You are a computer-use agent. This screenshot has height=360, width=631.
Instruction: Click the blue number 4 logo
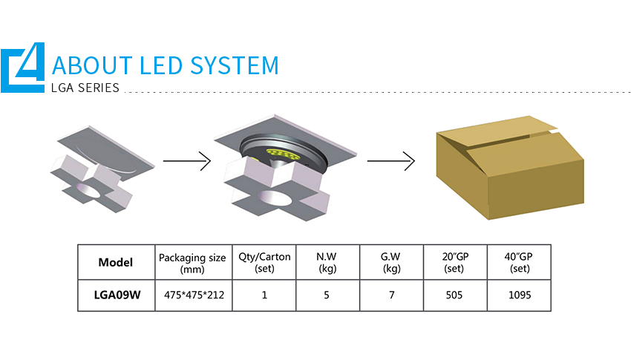click(x=23, y=68)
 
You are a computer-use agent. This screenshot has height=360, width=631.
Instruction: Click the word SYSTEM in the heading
click(x=234, y=65)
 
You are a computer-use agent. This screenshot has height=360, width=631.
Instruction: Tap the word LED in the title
click(x=160, y=65)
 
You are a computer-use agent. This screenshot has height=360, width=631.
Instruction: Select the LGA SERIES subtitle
click(x=85, y=88)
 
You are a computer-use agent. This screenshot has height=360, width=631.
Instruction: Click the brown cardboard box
click(x=510, y=167)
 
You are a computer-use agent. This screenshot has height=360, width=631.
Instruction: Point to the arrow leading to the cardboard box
click(x=390, y=161)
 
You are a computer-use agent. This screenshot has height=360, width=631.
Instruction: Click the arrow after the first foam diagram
click(x=187, y=161)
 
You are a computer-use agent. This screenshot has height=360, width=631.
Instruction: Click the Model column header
click(x=116, y=262)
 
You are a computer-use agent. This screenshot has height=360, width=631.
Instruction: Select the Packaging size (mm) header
click(x=192, y=263)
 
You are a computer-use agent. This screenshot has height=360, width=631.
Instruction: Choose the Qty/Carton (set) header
click(x=264, y=262)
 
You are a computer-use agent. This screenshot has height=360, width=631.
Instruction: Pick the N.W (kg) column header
click(x=327, y=262)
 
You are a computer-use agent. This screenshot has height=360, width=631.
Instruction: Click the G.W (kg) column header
click(x=391, y=262)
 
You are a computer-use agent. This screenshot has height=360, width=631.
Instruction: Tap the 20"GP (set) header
click(x=455, y=262)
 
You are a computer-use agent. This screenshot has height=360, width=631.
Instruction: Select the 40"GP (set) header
click(x=519, y=262)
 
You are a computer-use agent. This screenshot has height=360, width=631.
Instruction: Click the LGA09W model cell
click(x=117, y=295)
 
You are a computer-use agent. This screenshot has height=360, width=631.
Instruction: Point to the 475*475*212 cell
click(x=194, y=295)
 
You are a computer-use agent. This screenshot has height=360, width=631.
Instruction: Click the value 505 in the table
click(x=454, y=295)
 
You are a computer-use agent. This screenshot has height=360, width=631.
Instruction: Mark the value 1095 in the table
click(x=520, y=295)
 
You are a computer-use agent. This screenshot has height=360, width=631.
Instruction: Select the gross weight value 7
click(x=391, y=295)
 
